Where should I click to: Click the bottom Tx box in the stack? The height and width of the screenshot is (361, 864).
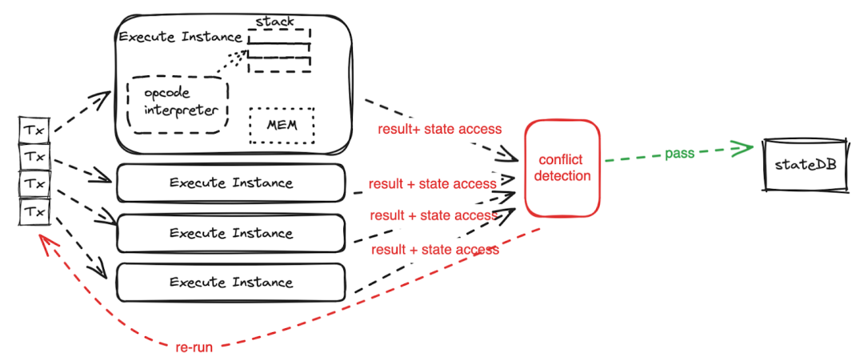pyautogui.click(x=34, y=212)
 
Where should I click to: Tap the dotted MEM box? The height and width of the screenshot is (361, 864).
pyautogui.click(x=281, y=126)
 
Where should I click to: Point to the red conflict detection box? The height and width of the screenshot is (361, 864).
pyautogui.click(x=562, y=168)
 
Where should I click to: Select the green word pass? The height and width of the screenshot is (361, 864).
pyautogui.click(x=679, y=154)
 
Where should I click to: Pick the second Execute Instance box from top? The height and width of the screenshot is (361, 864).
pyautogui.click(x=230, y=183)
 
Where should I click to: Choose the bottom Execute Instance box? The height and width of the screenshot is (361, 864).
pyautogui.click(x=230, y=282)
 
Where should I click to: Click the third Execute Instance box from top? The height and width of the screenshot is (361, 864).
pyautogui.click(x=230, y=234)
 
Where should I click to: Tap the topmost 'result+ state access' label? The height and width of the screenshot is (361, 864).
pyautogui.click(x=439, y=129)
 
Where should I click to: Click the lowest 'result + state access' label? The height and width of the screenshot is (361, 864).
pyautogui.click(x=434, y=250)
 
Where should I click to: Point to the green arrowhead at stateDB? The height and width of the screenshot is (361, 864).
pyautogui.click(x=744, y=148)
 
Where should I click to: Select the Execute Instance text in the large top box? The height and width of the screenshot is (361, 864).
pyautogui.click(x=180, y=37)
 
